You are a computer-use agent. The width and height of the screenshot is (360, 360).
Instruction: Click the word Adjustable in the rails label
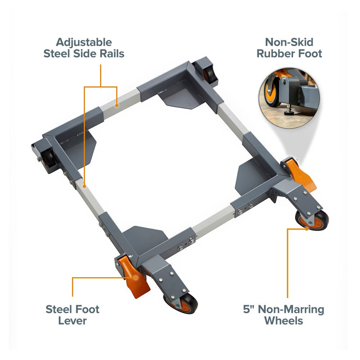[84, 42]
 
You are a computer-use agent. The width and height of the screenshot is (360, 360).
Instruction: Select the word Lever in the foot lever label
[72, 320]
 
